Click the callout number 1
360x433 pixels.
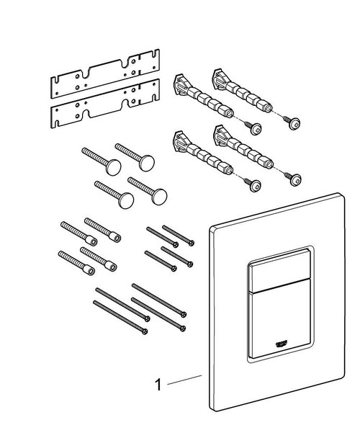pyautogui.click(x=158, y=385)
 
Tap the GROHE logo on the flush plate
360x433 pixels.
pyautogui.click(x=282, y=339)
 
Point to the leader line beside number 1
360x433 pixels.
pyautogui.click(x=184, y=380)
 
